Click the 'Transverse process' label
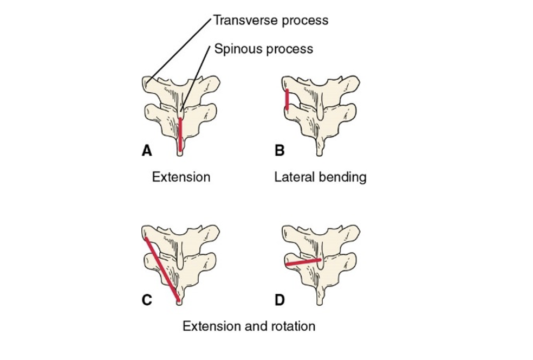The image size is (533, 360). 270,21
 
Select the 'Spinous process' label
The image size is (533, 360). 263,49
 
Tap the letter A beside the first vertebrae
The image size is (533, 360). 146,151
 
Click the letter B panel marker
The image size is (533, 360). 279,151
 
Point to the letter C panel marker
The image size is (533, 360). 146,299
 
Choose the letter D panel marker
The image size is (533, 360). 280,299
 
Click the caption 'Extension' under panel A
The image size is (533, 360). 181,177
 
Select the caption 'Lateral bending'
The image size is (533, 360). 320,177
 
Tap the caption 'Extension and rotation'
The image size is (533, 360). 249,326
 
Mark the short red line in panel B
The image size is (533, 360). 287,100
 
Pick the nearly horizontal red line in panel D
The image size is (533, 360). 303,262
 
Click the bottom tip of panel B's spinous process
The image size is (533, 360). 319,153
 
